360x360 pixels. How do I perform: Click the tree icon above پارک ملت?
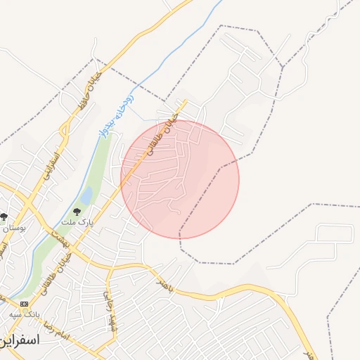tap(77, 211)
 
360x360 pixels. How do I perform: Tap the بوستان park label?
tap(13, 228)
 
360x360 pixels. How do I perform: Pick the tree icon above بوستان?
tap(4, 217)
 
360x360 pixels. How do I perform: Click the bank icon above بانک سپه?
tap(25, 303)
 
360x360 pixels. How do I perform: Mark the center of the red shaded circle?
tap(180, 179)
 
